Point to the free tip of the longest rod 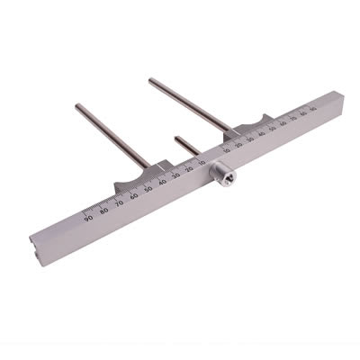pyautogui.click(x=151, y=81)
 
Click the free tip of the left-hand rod pyautogui.click(x=77, y=106)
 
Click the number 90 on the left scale pyautogui.click(x=88, y=215)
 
